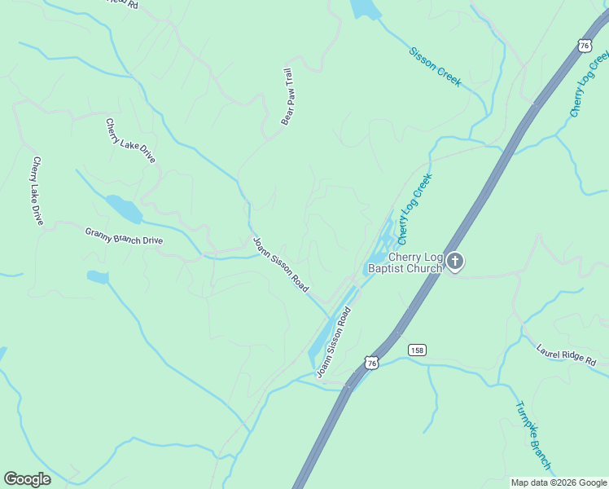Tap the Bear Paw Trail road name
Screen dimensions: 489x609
pyautogui.click(x=287, y=96)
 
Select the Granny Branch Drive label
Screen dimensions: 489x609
pyautogui.click(x=124, y=236)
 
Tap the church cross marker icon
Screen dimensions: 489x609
pyautogui.click(x=455, y=262)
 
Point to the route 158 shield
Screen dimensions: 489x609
pyautogui.click(x=418, y=350)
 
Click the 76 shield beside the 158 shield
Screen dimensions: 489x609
pyautogui.click(x=372, y=362)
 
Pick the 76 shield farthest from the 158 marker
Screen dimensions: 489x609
pyautogui.click(x=585, y=46)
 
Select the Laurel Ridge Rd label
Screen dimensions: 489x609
pyautogui.click(x=567, y=355)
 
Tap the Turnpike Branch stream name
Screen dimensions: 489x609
pyautogui.click(x=533, y=435)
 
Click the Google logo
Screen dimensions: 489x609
pyautogui.click(x=27, y=479)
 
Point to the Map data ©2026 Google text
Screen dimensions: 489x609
pyautogui.click(x=558, y=482)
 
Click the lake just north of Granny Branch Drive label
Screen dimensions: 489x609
pyautogui.click(x=124, y=209)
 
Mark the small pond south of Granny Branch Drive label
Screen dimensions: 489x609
pyautogui.click(x=98, y=277)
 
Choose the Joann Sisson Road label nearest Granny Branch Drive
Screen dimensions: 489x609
pyautogui.click(x=280, y=265)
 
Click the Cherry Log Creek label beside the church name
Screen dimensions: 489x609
pyautogui.click(x=414, y=209)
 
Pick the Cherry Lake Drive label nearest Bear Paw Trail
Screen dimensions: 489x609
pyautogui.click(x=130, y=141)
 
